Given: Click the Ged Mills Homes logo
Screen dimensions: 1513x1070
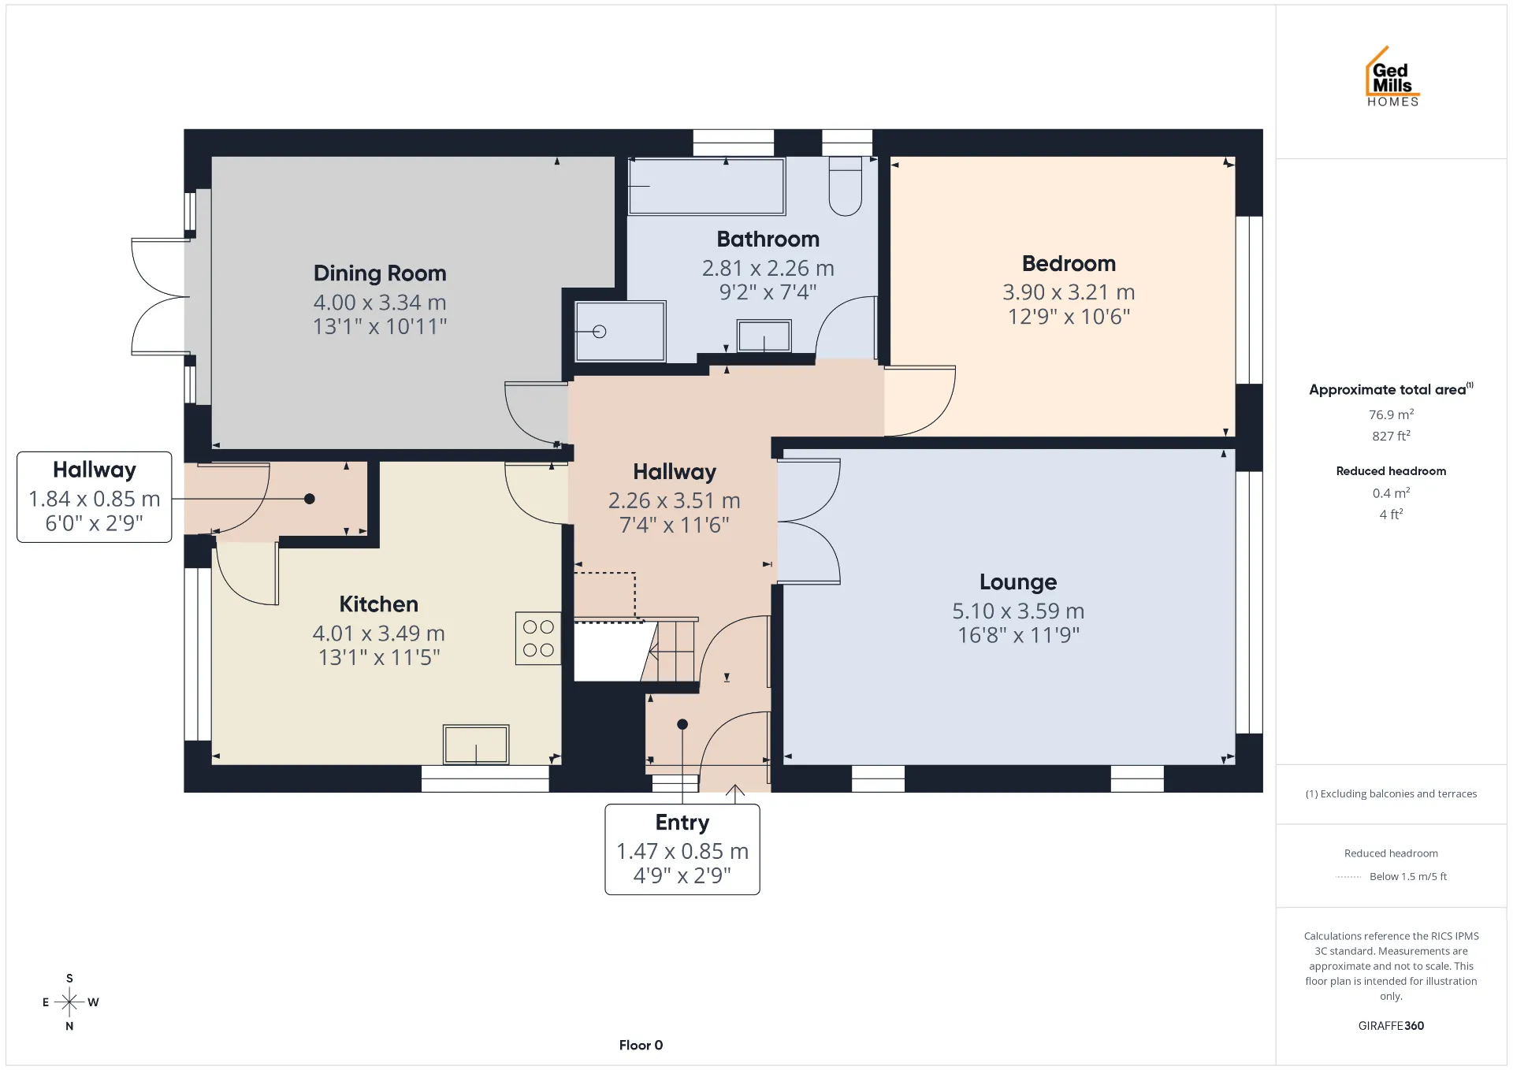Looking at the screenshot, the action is coord(1392,76).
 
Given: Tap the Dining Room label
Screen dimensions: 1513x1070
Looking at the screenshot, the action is coord(380,273).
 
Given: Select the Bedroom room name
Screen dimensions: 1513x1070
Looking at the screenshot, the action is coord(1069,263).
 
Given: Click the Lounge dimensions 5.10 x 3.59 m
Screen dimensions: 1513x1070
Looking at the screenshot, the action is coord(1018,611).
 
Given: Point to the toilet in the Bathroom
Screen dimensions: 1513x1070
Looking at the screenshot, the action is coord(846,186).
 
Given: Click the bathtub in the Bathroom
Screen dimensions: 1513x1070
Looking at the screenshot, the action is coord(707,186).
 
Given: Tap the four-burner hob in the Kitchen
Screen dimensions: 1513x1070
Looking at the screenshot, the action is coord(538,638).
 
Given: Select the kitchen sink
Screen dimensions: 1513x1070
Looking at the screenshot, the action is coord(476,745).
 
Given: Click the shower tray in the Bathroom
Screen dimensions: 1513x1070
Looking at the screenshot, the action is coord(620,332).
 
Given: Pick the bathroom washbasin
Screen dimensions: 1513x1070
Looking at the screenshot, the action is coord(764,336).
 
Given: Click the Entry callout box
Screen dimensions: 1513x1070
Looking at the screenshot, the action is coord(682,849).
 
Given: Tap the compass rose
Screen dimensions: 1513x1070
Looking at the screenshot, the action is coord(69,1002).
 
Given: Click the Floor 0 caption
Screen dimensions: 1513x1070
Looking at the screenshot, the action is coord(641,1046).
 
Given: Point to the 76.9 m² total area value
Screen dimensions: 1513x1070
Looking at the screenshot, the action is coord(1391,414).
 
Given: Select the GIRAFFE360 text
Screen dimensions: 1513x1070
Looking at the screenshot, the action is coord(1391,1026).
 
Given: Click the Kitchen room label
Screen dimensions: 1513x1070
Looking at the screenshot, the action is coord(379,604).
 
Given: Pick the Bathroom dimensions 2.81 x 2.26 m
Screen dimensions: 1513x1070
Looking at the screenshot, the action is coord(768,269).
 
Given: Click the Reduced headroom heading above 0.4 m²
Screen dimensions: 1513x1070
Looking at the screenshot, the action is coord(1391,471).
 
